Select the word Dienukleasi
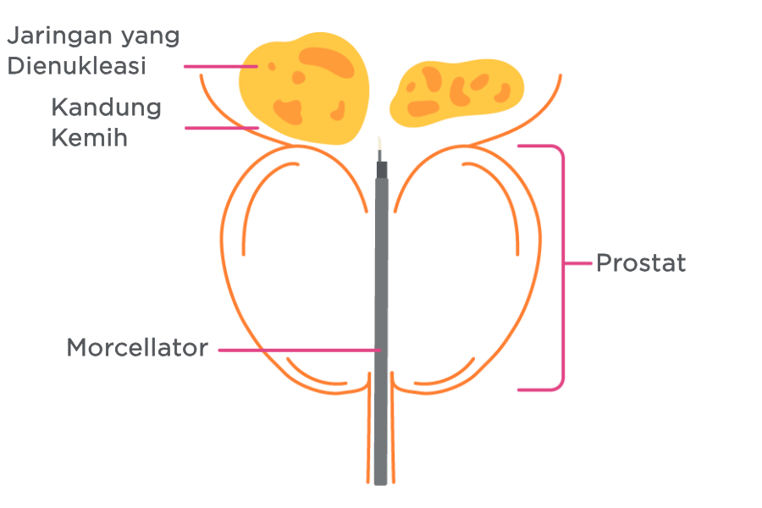pos(77,66)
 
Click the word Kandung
pos(107,108)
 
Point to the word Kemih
pos(90,137)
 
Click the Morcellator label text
pos(137,348)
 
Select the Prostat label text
pos(641,263)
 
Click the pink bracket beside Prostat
pos(563,268)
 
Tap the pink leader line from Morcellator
pos(300,350)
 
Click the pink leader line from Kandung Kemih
pos(222,128)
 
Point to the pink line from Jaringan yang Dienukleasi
pos(221,67)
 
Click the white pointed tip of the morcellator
pos(380,143)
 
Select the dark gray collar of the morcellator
pos(382,170)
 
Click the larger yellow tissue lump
pos(305,88)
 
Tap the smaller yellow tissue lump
pos(457,92)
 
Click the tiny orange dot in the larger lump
pos(272,66)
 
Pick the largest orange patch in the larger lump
pos(327,62)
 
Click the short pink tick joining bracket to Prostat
pos(578,263)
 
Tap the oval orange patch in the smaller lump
pos(422,108)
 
